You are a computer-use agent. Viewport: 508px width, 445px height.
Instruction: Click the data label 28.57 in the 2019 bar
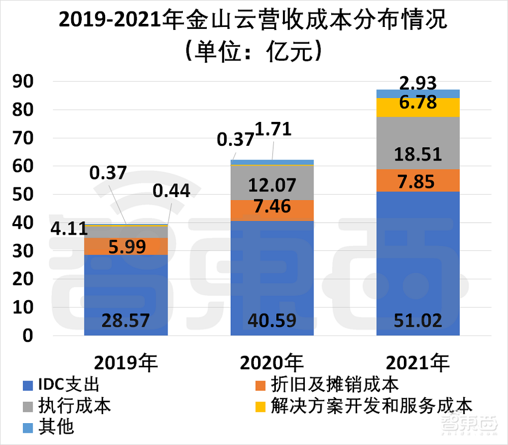coord(125,321)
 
